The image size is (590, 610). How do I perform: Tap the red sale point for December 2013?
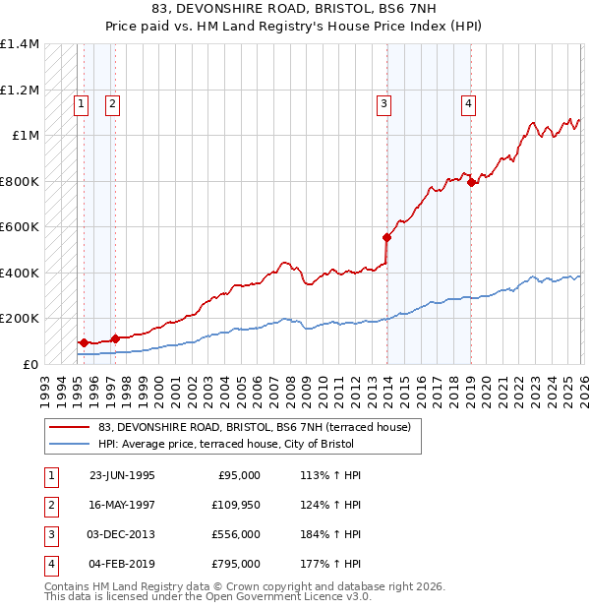[387, 237]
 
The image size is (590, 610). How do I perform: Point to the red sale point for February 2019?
[471, 182]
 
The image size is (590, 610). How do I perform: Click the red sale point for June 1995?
[84, 342]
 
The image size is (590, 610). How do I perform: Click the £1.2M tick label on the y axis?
[20, 90]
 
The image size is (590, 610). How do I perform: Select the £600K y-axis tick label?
[20, 226]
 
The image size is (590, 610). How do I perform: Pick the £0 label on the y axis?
[30, 364]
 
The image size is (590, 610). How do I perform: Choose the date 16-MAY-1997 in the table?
[122, 506]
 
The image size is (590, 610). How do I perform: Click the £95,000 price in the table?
[236, 475]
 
